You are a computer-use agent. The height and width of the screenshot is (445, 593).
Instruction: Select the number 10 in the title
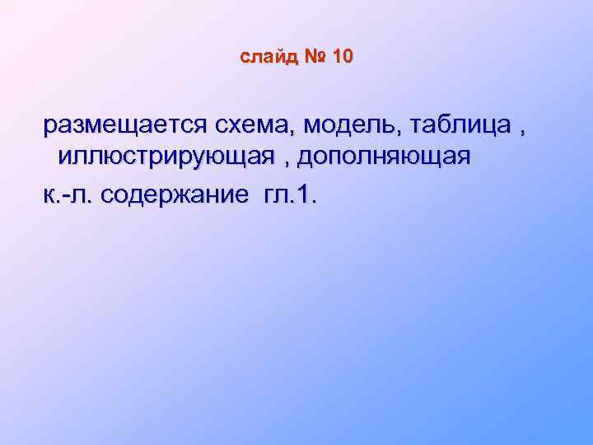tap(343, 57)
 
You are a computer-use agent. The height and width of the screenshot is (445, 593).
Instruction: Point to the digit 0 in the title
tap(348, 57)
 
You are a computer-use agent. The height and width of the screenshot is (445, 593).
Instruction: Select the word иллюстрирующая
tap(166, 157)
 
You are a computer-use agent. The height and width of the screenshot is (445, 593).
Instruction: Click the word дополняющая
tap(385, 157)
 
